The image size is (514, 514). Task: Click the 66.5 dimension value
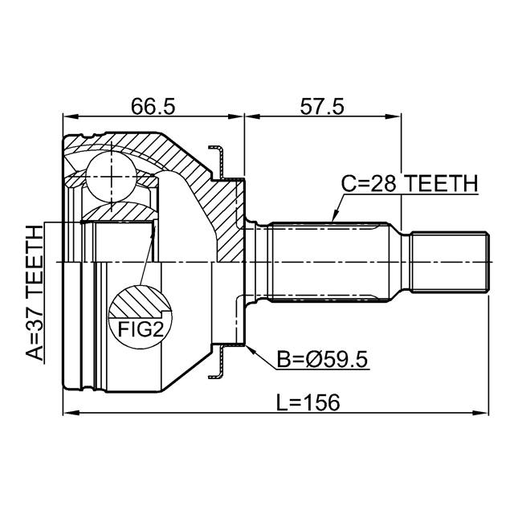pos(153,105)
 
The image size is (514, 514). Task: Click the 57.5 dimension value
pos(321,105)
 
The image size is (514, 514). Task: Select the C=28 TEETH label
pos(409,184)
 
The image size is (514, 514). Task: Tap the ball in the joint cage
pos(108,174)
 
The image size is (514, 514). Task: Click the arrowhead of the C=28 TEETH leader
pos(332,219)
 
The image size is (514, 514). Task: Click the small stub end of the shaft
pos(450,261)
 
